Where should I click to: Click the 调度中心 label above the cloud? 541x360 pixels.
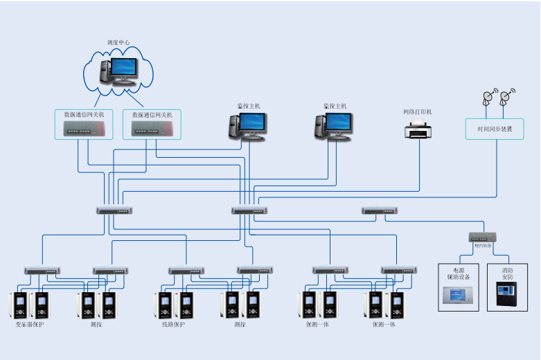pyautogui.click(x=118, y=43)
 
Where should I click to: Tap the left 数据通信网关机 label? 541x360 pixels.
pyautogui.click(x=84, y=115)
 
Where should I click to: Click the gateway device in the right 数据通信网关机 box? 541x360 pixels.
pyautogui.click(x=151, y=129)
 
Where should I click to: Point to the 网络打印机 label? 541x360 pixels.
pyautogui.click(x=418, y=111)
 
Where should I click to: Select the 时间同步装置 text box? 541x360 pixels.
pyautogui.click(x=495, y=129)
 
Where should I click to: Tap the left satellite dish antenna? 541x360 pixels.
pyautogui.click(x=490, y=98)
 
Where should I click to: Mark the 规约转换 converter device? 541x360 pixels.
pyautogui.click(x=482, y=237)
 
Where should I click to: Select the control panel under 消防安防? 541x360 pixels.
pyautogui.click(x=504, y=296)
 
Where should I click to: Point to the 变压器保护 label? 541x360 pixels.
pyautogui.click(x=29, y=324)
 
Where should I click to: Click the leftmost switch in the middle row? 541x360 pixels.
pyautogui.click(x=114, y=210)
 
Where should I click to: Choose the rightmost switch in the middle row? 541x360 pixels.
pyautogui.click(x=379, y=210)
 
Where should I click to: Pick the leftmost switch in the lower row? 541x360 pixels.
pyautogui.click(x=43, y=271)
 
